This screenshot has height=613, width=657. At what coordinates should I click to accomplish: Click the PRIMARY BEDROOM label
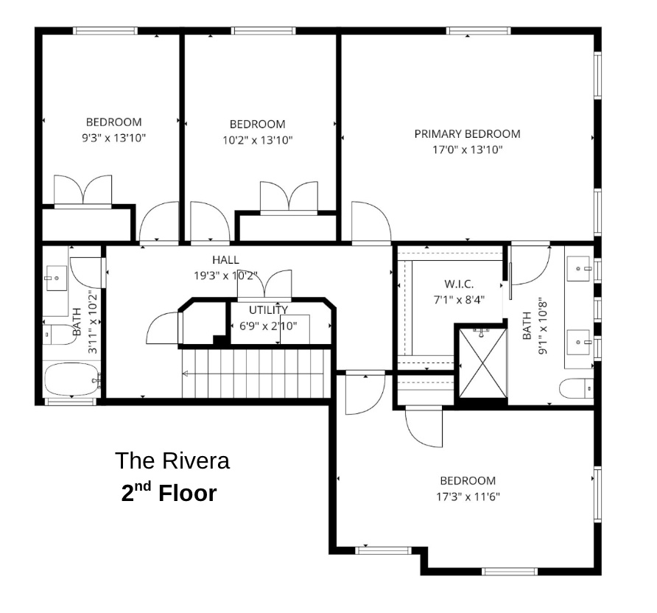pos(467,134)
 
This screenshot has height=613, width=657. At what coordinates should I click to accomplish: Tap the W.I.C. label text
pos(458,284)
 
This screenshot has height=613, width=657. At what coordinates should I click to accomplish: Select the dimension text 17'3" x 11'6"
pos(467,496)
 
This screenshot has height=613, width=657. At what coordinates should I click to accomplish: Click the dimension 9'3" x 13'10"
pos(113,137)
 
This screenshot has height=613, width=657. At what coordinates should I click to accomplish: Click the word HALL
pos(225,260)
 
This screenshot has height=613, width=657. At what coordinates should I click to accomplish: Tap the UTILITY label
pos(268,310)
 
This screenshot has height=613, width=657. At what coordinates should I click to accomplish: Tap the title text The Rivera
pos(172,461)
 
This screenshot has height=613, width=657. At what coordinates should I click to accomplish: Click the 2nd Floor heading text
pos(169,493)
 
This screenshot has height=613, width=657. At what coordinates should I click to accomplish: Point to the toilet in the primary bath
pos(577,388)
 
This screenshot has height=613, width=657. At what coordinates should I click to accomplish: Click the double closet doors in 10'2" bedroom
pos(288,197)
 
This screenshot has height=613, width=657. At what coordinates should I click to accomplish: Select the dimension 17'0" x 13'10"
pos(467,150)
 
